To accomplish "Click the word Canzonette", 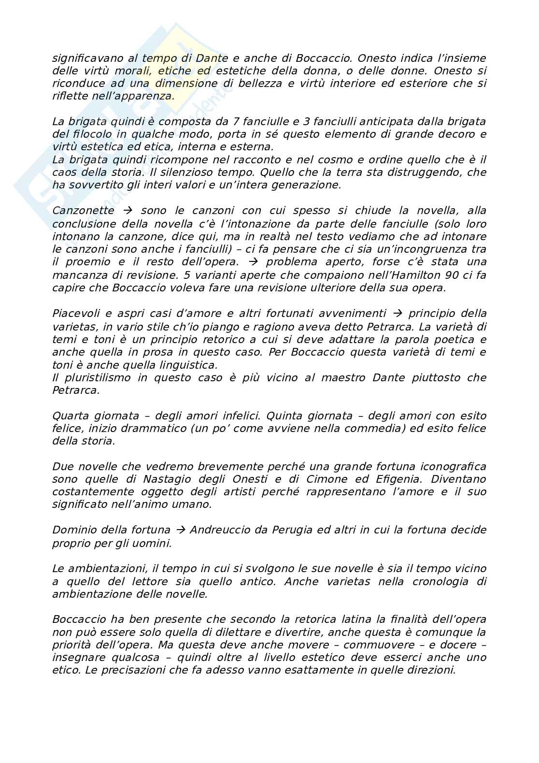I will (83, 211).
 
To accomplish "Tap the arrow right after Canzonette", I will (128, 211).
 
